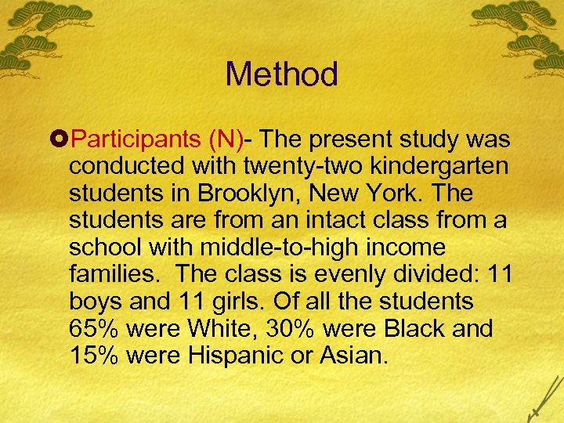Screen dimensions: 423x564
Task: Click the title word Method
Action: click(281, 75)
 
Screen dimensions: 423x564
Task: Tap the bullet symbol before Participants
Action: click(60, 140)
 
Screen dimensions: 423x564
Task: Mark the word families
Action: click(117, 274)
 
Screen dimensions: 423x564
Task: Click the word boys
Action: click(97, 302)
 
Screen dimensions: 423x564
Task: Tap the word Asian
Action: click(352, 355)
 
